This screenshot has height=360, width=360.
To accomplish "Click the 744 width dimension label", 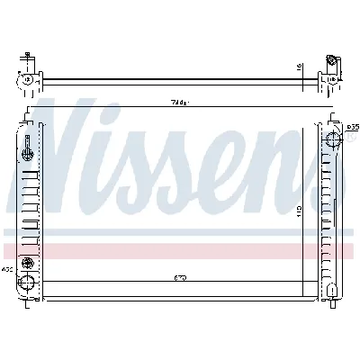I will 180,104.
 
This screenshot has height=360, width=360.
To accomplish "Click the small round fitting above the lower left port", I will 29,262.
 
